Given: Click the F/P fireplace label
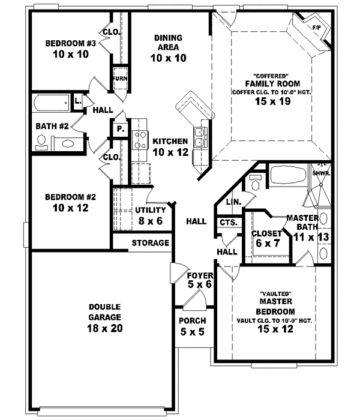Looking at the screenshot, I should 316,28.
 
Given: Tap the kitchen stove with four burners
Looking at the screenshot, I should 140,140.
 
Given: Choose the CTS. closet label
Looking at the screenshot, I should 228,222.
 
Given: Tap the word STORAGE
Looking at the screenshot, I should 150,243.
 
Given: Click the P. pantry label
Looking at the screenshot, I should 119,128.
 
